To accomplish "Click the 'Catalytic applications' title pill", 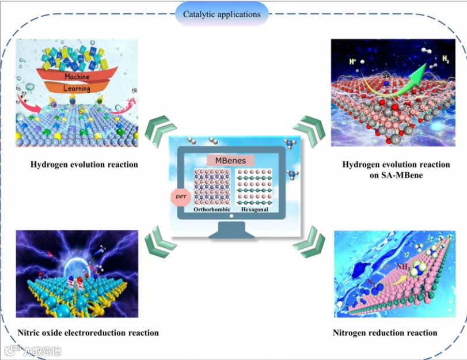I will (221, 13).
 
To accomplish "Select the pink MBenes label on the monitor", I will (230, 160).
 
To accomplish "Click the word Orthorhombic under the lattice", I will (212, 210).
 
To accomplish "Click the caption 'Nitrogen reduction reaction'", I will (385, 332).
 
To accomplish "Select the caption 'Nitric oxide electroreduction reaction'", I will (88, 332).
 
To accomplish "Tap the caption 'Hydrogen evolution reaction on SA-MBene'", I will (396, 169).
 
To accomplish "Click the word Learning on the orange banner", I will (77, 89).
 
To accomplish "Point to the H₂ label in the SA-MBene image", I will (446, 59).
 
